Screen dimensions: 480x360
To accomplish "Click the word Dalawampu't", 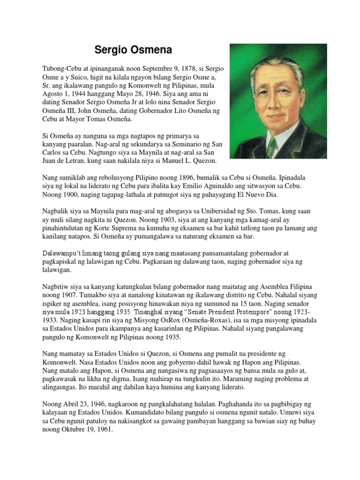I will [x=63, y=254].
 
